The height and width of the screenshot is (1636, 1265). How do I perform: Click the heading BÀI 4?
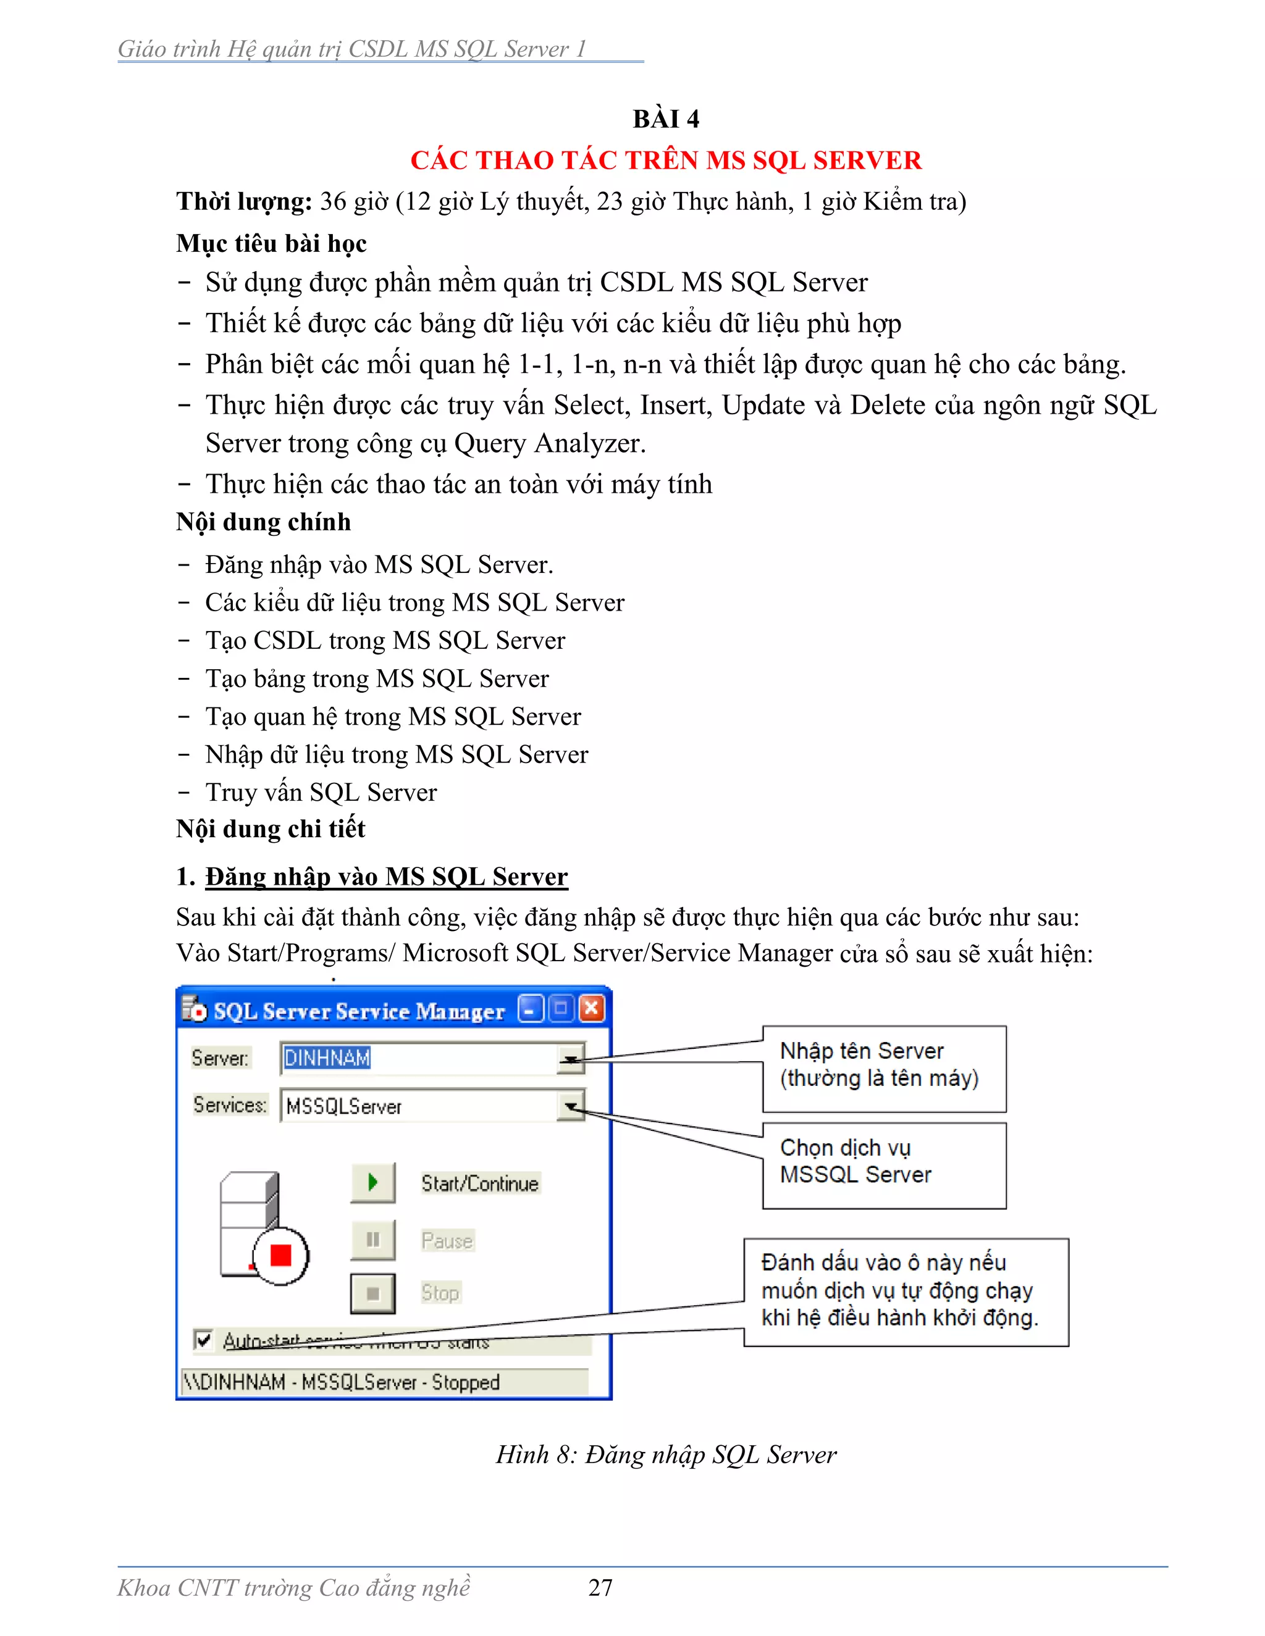665,119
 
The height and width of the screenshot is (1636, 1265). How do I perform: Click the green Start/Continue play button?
372,1183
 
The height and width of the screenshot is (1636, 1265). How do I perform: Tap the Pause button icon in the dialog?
372,1240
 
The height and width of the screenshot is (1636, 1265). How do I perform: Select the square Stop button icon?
372,1293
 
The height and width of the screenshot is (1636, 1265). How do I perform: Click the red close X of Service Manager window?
591,1009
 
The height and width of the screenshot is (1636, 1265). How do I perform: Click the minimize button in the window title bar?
531,1009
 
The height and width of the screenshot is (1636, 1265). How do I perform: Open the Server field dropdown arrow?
571,1058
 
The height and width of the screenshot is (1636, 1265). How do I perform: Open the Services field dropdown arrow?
571,1106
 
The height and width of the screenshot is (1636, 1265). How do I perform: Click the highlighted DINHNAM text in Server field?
327,1058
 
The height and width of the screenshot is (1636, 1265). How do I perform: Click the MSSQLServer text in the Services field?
344,1106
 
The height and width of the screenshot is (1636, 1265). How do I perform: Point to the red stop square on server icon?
280,1254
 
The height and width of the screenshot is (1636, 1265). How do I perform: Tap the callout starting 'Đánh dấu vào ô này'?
906,1292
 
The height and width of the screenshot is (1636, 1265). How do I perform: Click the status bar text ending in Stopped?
342,1382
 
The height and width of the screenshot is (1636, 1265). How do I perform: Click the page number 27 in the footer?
600,1587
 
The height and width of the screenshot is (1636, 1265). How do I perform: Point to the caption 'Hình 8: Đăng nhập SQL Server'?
665,1454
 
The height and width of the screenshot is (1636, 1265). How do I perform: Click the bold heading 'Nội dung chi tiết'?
271,828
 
